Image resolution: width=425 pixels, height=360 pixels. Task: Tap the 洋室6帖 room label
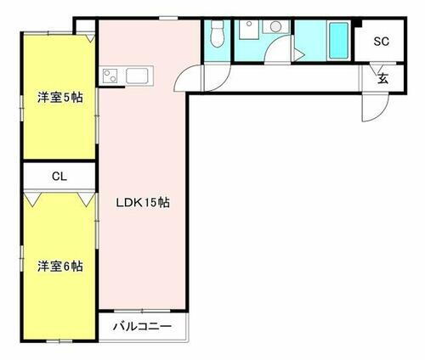pos(59,266)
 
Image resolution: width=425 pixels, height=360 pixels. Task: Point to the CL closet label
pos(59,177)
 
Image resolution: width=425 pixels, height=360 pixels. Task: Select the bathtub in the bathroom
pos(337,39)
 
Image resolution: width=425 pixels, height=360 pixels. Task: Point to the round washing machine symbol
pos(276,27)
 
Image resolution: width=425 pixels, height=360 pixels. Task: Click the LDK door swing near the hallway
pos(188,81)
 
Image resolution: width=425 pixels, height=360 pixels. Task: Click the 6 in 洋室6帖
pos(65,266)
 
